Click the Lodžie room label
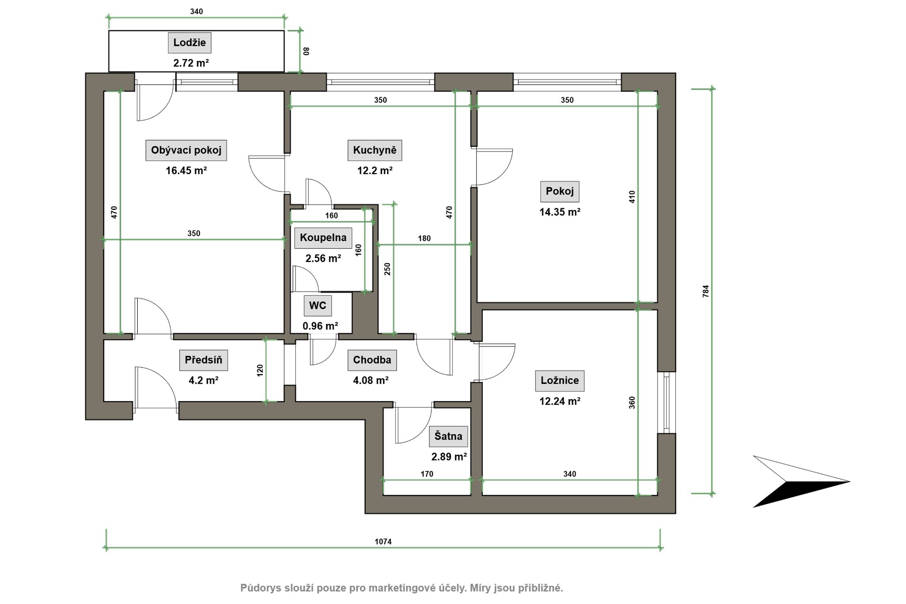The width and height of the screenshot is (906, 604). (190, 42)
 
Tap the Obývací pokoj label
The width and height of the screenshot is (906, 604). (186, 150)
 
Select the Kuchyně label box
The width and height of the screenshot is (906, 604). (375, 150)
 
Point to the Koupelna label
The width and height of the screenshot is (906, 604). (323, 237)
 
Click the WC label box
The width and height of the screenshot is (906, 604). (318, 305)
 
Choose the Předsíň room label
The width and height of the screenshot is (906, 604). (203, 360)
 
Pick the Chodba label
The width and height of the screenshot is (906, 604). (372, 360)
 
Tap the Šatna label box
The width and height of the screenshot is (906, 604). (448, 436)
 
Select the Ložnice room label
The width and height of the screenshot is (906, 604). (560, 380)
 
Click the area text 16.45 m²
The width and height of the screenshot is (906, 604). (186, 171)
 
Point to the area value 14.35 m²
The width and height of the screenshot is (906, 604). (560, 212)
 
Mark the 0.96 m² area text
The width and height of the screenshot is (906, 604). (320, 326)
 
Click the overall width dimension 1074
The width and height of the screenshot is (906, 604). (383, 542)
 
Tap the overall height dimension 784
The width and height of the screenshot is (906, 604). (706, 291)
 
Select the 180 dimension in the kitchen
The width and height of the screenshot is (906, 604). (424, 238)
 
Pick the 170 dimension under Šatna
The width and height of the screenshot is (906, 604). (427, 474)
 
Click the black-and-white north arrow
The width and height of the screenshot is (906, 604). (801, 481)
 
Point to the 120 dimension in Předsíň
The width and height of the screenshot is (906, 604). (260, 370)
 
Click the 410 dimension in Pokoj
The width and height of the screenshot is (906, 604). (632, 197)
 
